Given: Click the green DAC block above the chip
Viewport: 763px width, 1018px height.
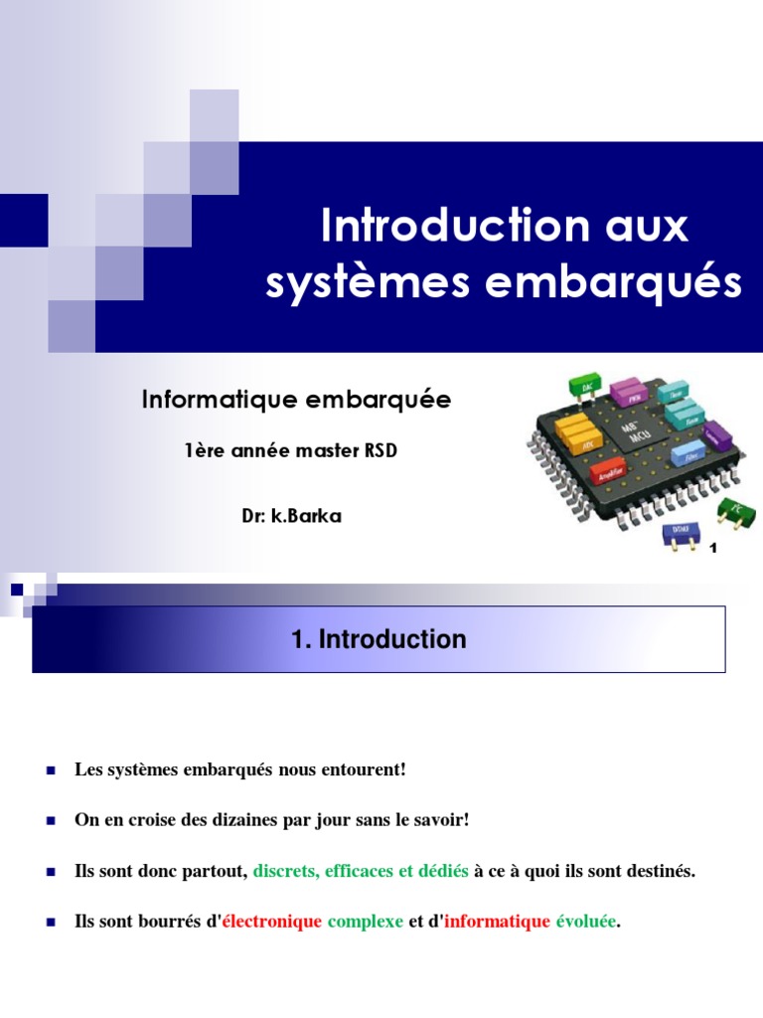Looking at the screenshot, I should tap(584, 384).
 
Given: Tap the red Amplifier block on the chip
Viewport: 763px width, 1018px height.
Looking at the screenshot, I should tap(606, 473).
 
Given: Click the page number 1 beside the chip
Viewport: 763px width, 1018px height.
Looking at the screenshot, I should tap(712, 547).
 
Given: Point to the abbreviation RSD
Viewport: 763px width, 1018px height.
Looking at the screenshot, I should tap(379, 450).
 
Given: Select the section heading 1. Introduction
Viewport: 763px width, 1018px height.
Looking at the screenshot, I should tap(379, 639).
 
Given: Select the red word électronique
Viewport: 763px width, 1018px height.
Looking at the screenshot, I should tap(272, 922).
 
